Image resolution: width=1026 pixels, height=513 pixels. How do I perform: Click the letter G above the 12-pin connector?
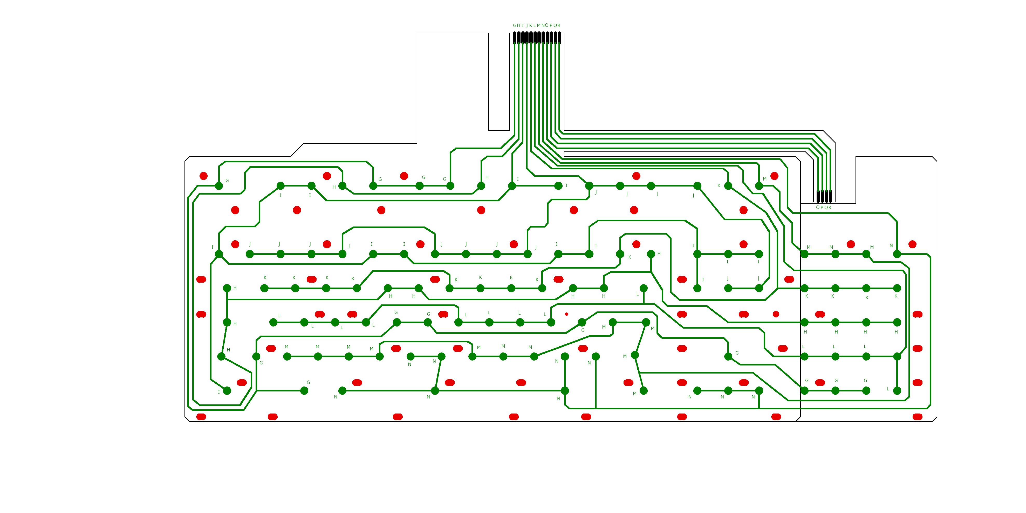point(515,25)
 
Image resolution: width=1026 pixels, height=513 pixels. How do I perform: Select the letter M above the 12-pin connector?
point(539,25)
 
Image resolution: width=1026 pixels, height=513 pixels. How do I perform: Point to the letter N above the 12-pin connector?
point(543,25)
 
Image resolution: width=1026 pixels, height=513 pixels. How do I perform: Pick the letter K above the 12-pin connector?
point(531,25)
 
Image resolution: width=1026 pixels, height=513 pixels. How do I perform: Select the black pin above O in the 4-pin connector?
point(818,197)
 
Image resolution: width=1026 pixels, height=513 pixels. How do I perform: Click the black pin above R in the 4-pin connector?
point(830,197)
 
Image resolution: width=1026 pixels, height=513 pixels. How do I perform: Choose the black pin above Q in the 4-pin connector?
point(826,197)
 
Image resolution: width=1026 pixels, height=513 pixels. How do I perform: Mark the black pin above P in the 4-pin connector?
point(822,197)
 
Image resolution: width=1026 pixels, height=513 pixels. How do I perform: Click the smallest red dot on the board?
point(566,314)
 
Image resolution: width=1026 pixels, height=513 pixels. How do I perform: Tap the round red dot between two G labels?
point(404,176)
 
